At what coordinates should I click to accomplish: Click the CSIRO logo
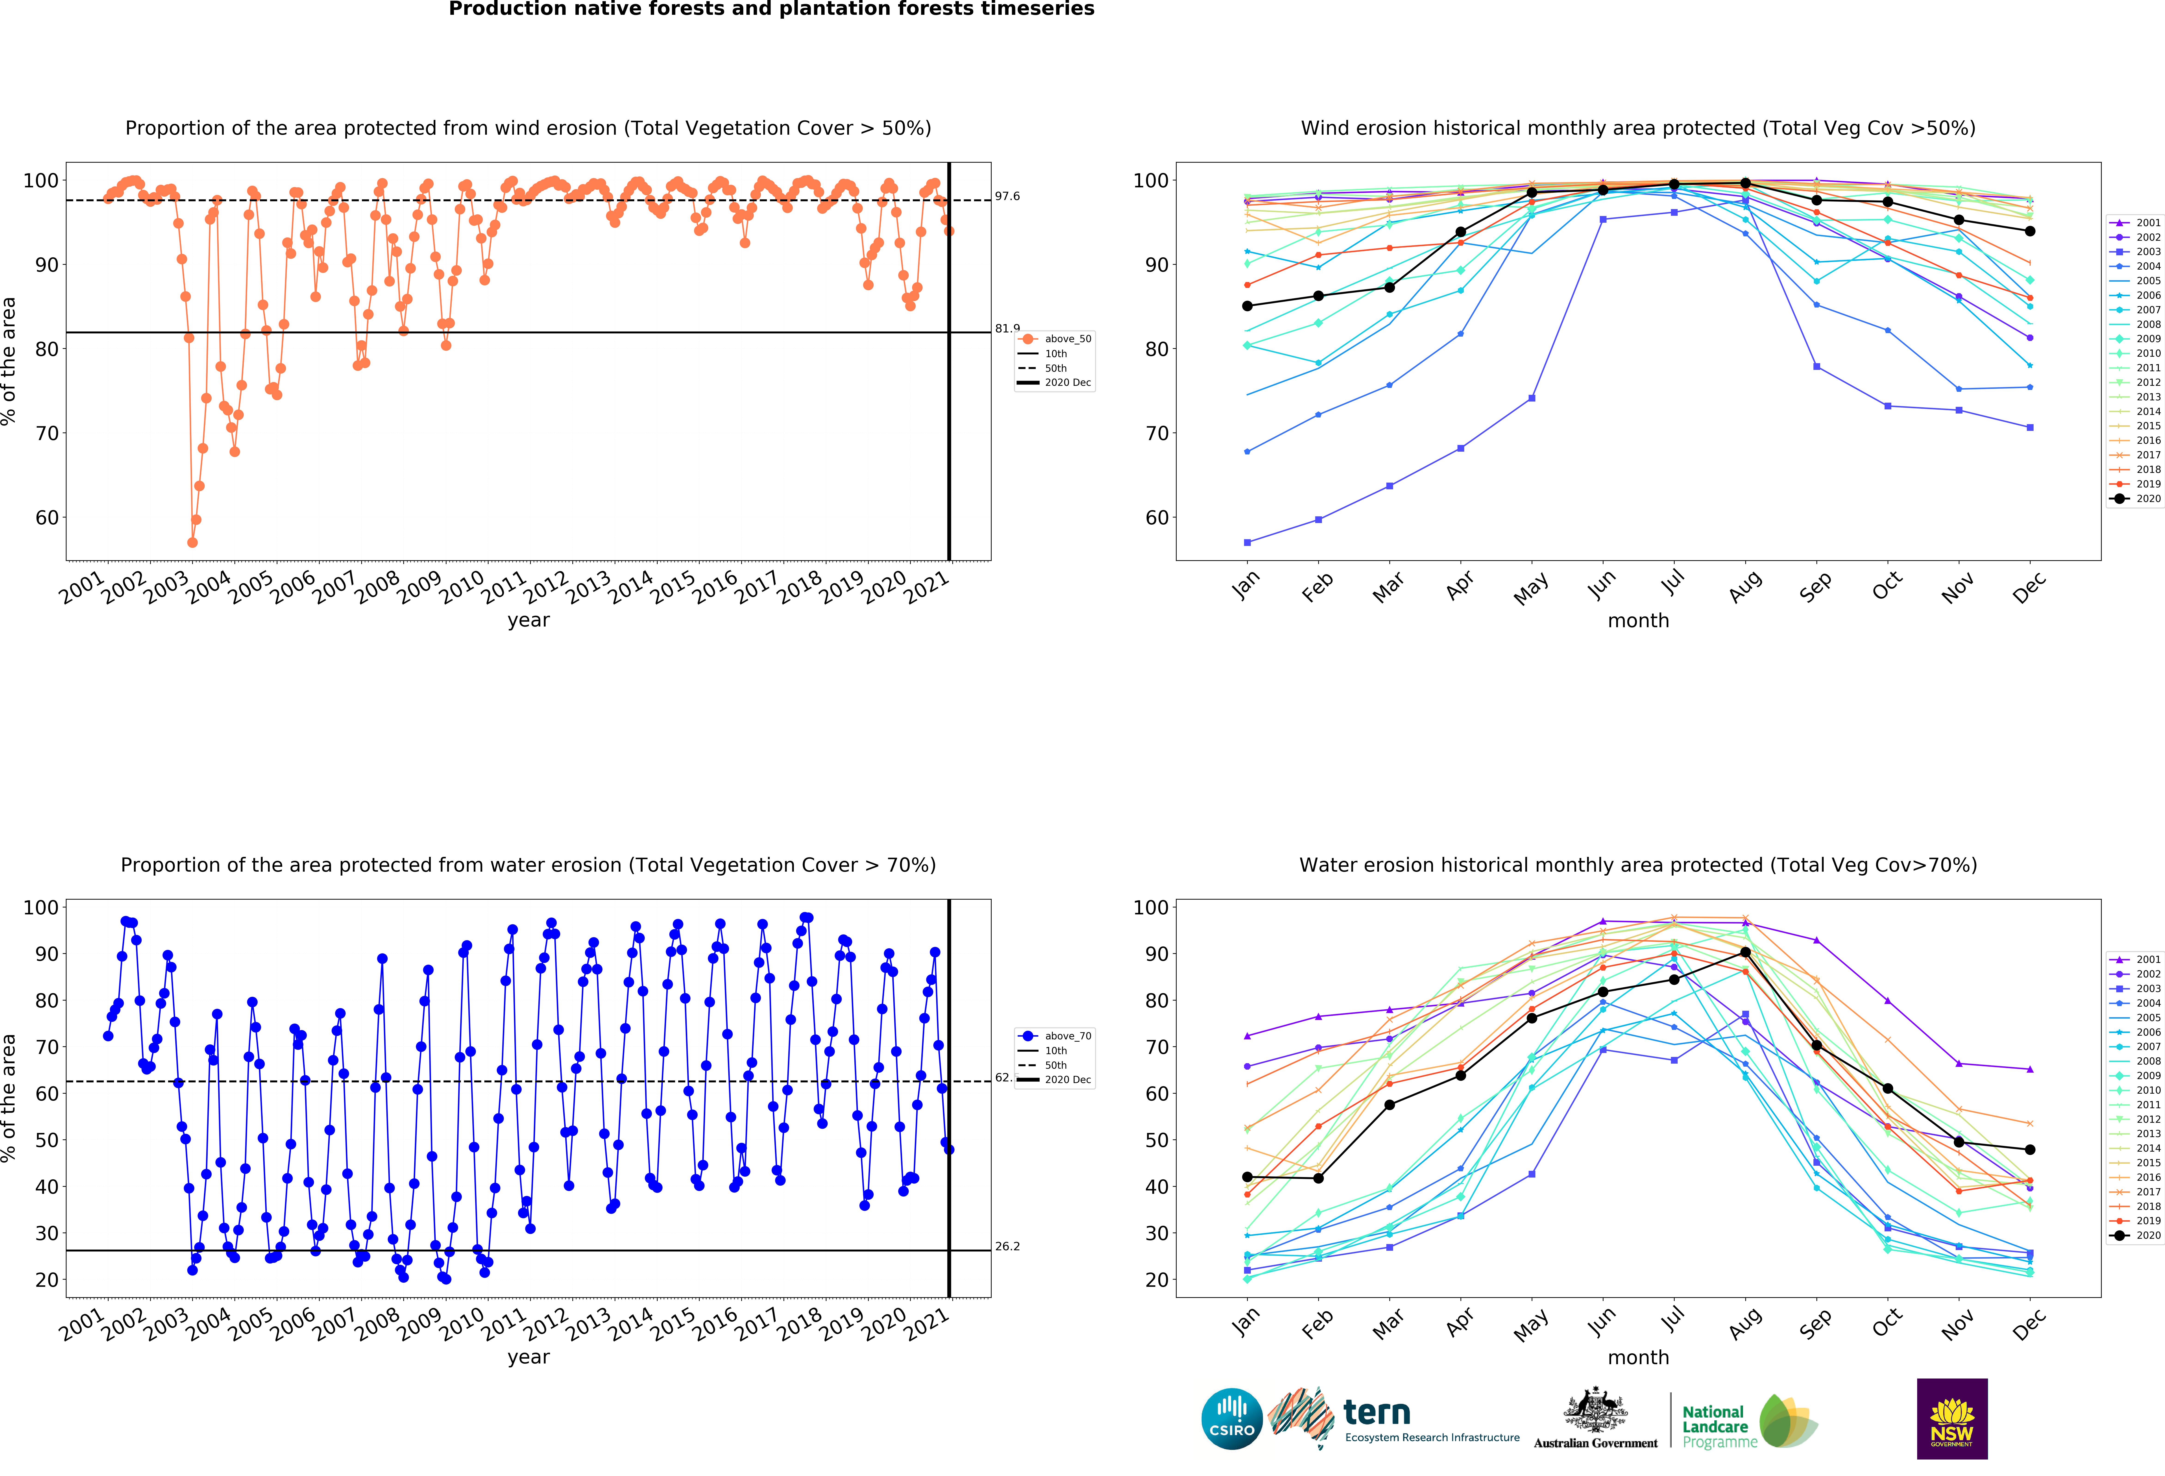click(x=1232, y=1419)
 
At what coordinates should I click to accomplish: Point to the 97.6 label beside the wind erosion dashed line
click(x=1007, y=197)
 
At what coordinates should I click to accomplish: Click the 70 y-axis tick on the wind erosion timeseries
click(x=47, y=433)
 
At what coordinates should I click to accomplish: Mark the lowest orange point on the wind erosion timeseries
click(x=192, y=542)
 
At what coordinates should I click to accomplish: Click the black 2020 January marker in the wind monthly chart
click(x=1247, y=306)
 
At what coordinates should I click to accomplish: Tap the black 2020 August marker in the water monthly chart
click(x=1745, y=952)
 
